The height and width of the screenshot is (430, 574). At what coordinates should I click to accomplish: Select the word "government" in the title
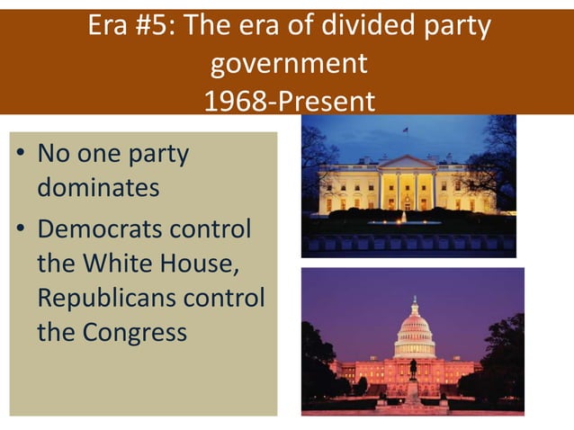coord(288,65)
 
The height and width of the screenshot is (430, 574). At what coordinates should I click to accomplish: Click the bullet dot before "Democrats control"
coord(18,229)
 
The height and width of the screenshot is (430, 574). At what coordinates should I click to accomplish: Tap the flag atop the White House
coord(405,131)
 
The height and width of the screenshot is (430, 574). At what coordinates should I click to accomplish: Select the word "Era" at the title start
coord(110,27)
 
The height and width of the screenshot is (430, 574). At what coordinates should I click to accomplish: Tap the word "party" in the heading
coord(459,27)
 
